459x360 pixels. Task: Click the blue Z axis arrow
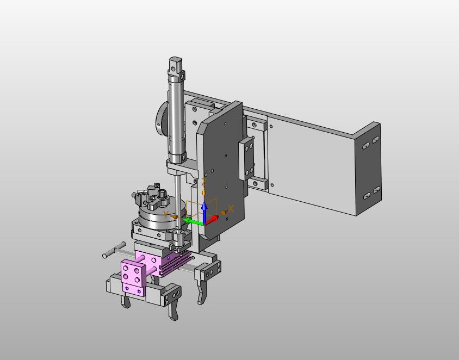[x=204, y=212]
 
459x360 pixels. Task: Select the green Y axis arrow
[x=193, y=221]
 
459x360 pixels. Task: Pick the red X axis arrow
[x=212, y=220]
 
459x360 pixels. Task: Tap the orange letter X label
[x=231, y=209]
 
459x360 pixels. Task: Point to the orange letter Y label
[x=166, y=214]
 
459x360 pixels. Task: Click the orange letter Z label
[x=204, y=182]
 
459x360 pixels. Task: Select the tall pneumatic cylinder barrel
[x=177, y=117]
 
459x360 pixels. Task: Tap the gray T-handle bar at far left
[x=114, y=250]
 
